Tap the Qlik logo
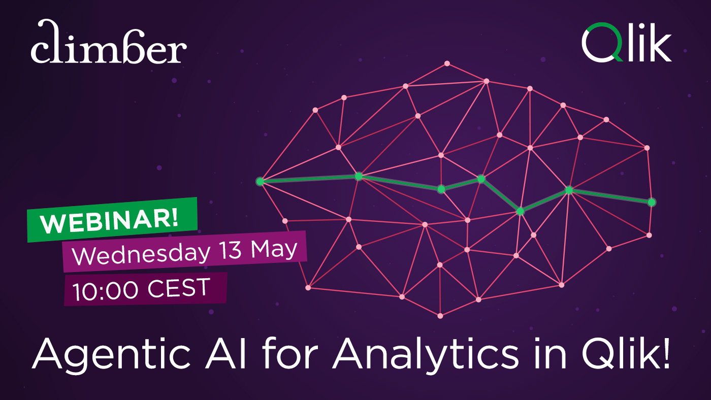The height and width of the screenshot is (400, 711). click(626, 43)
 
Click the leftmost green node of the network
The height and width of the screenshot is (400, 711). click(260, 181)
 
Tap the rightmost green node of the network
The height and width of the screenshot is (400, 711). click(652, 202)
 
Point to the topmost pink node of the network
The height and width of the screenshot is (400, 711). click(447, 63)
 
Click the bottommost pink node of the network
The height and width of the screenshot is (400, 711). click(440, 316)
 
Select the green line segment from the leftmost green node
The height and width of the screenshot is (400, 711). click(309, 179)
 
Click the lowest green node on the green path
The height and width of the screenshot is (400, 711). click(520, 211)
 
